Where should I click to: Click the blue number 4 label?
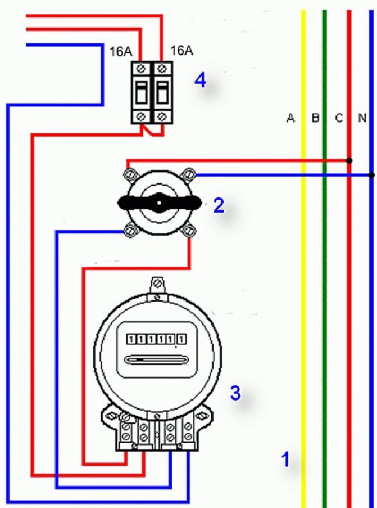(201, 81)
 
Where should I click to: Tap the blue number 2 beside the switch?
(218, 206)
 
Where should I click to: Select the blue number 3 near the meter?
(235, 393)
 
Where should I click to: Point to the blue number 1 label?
(285, 460)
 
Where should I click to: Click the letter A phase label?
(290, 118)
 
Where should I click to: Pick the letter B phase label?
(316, 118)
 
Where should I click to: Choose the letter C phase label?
(339, 118)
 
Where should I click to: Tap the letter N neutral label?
(362, 118)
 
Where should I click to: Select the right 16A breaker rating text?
(181, 51)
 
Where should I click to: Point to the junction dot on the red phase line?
(349, 160)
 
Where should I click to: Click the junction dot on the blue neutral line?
(371, 175)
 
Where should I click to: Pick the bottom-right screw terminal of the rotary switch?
(190, 230)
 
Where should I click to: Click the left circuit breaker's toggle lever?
(142, 92)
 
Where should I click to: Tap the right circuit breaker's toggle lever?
(161, 92)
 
